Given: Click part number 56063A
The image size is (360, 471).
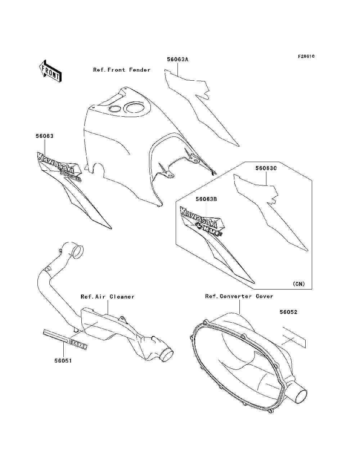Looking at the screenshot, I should (x=177, y=59).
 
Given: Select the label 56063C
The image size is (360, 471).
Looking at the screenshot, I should (x=266, y=168).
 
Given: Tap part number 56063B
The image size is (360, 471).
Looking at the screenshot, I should (x=206, y=199).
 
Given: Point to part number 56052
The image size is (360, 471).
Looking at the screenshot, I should (x=288, y=312).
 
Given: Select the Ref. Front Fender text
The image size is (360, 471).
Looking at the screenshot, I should (x=122, y=70).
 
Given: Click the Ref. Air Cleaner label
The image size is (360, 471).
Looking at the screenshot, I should (x=107, y=297).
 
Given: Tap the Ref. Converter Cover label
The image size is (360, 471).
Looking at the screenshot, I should (x=239, y=296).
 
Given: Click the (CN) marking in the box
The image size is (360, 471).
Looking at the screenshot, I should (x=298, y=284).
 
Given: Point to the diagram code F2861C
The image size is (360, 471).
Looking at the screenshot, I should (x=306, y=57).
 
